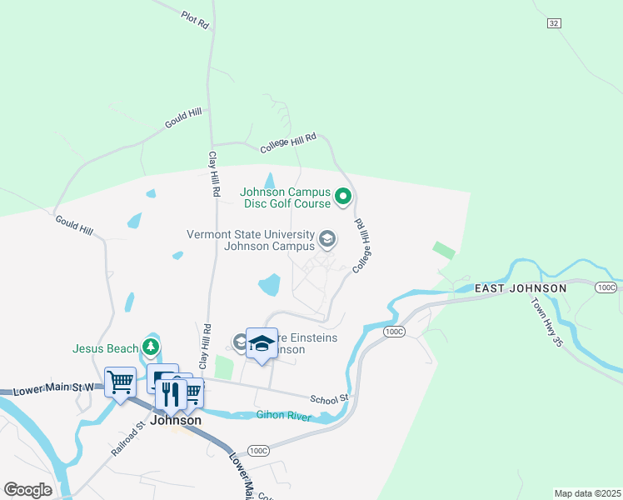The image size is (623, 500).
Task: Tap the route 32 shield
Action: click(x=554, y=23)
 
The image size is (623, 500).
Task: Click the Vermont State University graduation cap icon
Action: click(x=327, y=240)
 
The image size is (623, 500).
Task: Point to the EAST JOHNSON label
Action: click(x=521, y=288)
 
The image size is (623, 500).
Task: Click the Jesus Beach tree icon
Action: click(x=151, y=345)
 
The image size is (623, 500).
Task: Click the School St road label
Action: click(x=328, y=398)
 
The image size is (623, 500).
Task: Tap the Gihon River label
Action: click(x=284, y=416)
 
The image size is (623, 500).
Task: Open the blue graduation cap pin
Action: click(x=262, y=344)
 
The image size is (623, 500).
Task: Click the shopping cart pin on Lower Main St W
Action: click(x=121, y=382)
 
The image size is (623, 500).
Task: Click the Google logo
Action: click(x=27, y=489)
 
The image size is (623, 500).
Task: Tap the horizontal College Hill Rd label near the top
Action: click(x=288, y=143)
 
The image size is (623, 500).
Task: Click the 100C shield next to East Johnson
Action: click(x=606, y=287)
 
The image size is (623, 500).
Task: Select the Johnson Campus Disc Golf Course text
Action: click(x=286, y=197)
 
